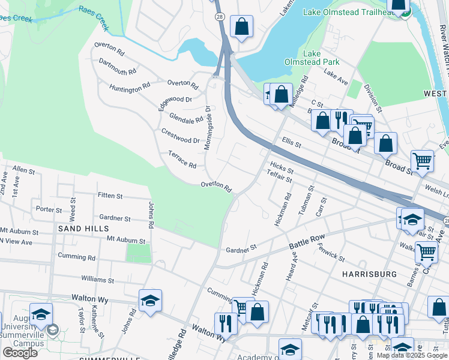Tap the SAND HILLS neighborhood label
(83, 229)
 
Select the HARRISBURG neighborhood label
(369, 274)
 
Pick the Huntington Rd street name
(130, 88)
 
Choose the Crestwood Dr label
(180, 136)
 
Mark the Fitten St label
(110, 196)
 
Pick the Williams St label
(98, 280)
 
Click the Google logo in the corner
(20, 352)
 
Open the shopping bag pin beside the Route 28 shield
(241, 26)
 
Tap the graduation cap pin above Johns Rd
(150, 301)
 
